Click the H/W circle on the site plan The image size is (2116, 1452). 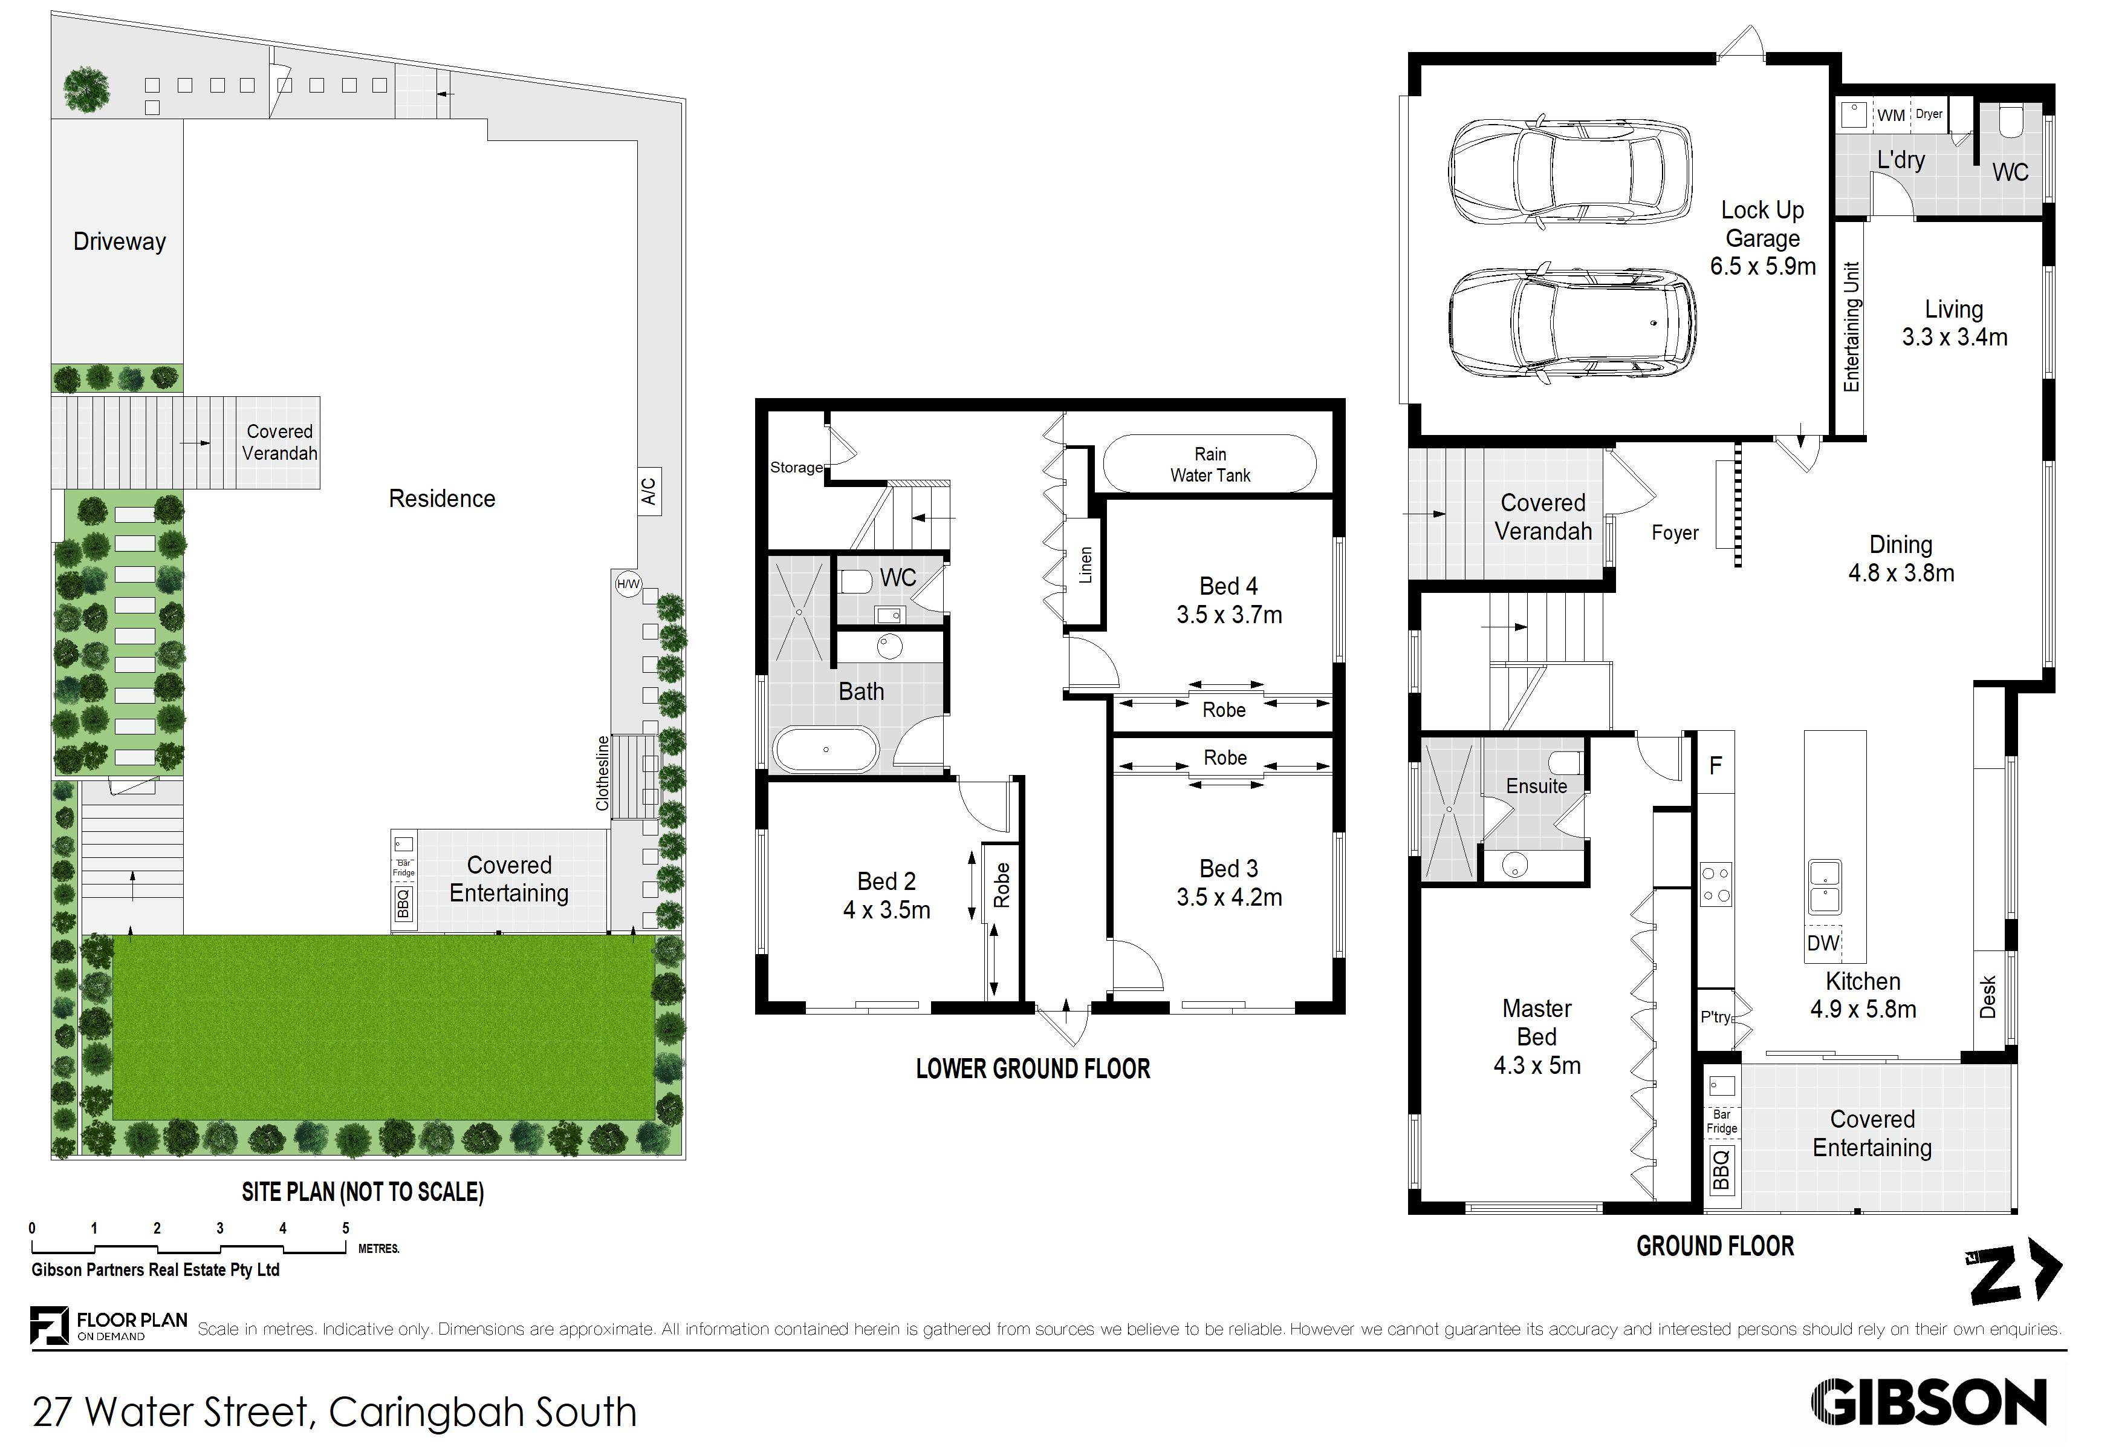(x=628, y=584)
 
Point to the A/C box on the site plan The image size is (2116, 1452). (x=648, y=492)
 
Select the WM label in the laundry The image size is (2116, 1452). (x=1890, y=116)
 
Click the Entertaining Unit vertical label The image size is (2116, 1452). (x=1851, y=327)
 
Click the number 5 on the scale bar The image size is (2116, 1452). (x=345, y=1228)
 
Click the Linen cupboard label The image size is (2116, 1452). (x=1085, y=566)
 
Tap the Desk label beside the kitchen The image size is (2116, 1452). (x=1988, y=998)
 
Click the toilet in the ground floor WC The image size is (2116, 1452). (x=2010, y=123)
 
